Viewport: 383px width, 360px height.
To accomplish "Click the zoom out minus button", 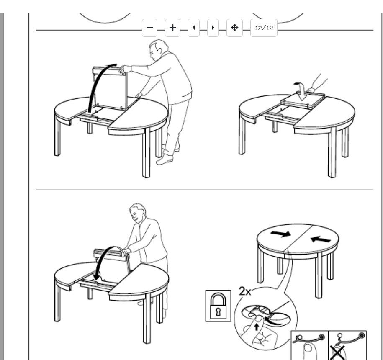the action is coord(149,28).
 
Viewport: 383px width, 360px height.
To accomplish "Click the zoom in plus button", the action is coord(172,28).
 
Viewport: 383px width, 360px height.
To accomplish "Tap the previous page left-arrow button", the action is coord(193,28).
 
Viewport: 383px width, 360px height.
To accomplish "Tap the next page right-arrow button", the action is coord(213,28).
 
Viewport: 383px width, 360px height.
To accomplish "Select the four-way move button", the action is coord(234,28).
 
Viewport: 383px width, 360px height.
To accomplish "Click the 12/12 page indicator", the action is coord(264,28).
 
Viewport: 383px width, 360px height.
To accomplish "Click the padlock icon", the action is coord(218,306).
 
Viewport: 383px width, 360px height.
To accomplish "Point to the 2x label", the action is coord(245,291).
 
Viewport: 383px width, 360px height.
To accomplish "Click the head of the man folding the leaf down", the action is coord(137,213).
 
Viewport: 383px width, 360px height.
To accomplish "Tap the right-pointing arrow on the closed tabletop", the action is coord(280,234).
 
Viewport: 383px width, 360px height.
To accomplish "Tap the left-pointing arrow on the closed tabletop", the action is coord(321,239).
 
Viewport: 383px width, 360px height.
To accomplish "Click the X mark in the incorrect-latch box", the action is coord(337,352).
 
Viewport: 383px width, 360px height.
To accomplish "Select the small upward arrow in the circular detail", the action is coord(256,327).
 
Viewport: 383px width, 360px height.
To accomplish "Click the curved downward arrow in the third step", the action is coord(103,259).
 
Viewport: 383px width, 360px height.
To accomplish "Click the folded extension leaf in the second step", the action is coord(303,100).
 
